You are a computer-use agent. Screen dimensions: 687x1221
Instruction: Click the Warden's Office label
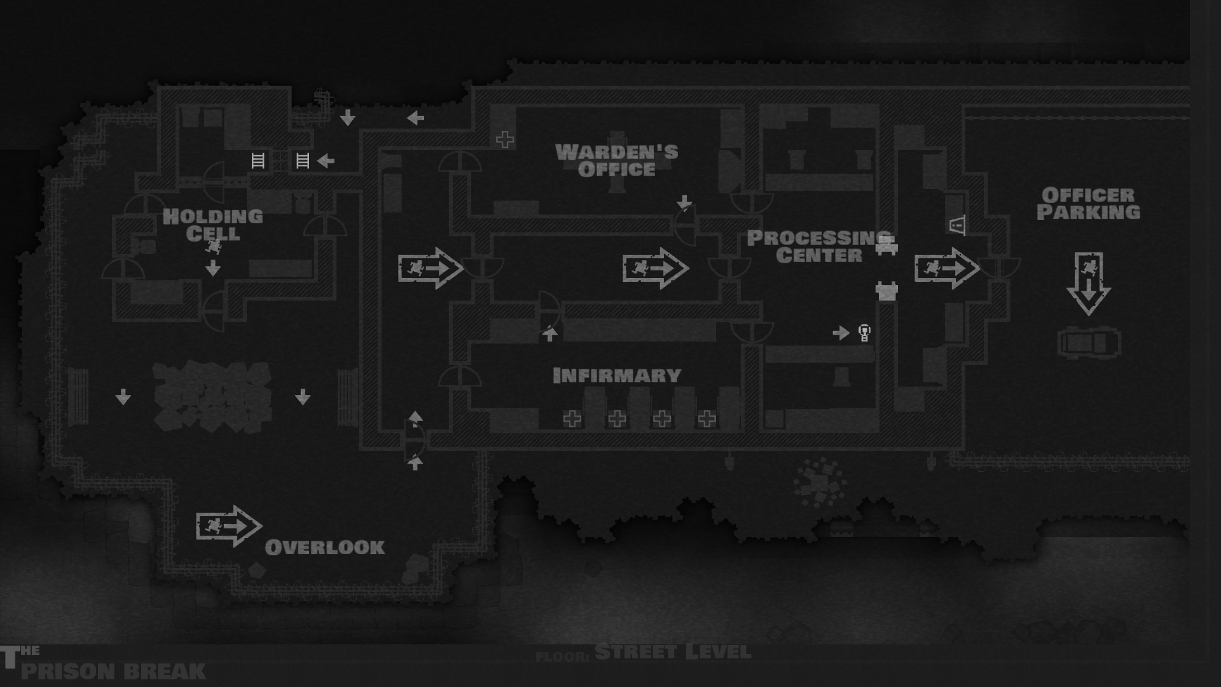[616, 160]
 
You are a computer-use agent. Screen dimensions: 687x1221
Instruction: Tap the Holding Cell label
[212, 225]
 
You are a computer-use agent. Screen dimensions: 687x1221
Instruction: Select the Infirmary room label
[617, 375]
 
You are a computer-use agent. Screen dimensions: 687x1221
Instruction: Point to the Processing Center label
[819, 246]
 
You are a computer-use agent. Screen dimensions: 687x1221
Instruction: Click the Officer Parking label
[1088, 204]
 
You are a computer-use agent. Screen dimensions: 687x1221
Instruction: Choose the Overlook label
[324, 547]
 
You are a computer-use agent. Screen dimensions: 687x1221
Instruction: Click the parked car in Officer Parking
[1089, 343]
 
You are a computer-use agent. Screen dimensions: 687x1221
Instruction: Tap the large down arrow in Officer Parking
[1088, 283]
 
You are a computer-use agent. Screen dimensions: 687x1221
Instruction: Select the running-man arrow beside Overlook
[228, 526]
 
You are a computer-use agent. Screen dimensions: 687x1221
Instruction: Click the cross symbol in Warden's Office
[505, 139]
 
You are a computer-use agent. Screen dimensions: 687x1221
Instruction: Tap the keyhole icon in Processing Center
[864, 332]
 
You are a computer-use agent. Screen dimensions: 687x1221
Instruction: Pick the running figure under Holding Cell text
[214, 246]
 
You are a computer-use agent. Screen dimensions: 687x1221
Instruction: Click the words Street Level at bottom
[673, 652]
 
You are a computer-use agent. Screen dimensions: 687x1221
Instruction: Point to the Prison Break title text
[113, 670]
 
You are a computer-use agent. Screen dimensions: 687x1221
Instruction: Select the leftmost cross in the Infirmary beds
[572, 419]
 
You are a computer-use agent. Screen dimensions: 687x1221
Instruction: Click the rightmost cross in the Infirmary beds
[707, 419]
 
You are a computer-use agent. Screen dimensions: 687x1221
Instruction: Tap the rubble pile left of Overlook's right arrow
[212, 396]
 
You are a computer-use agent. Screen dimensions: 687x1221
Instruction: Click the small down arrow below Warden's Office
[684, 203]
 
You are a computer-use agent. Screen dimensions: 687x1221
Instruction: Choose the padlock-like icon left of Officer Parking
[957, 225]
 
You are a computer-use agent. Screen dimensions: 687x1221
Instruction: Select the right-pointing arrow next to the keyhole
[841, 333]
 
